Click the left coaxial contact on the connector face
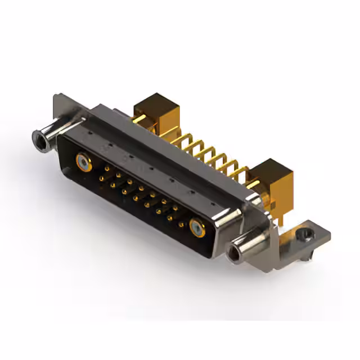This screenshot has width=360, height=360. point(83,163)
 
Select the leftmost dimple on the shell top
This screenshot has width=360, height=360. point(90,131)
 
